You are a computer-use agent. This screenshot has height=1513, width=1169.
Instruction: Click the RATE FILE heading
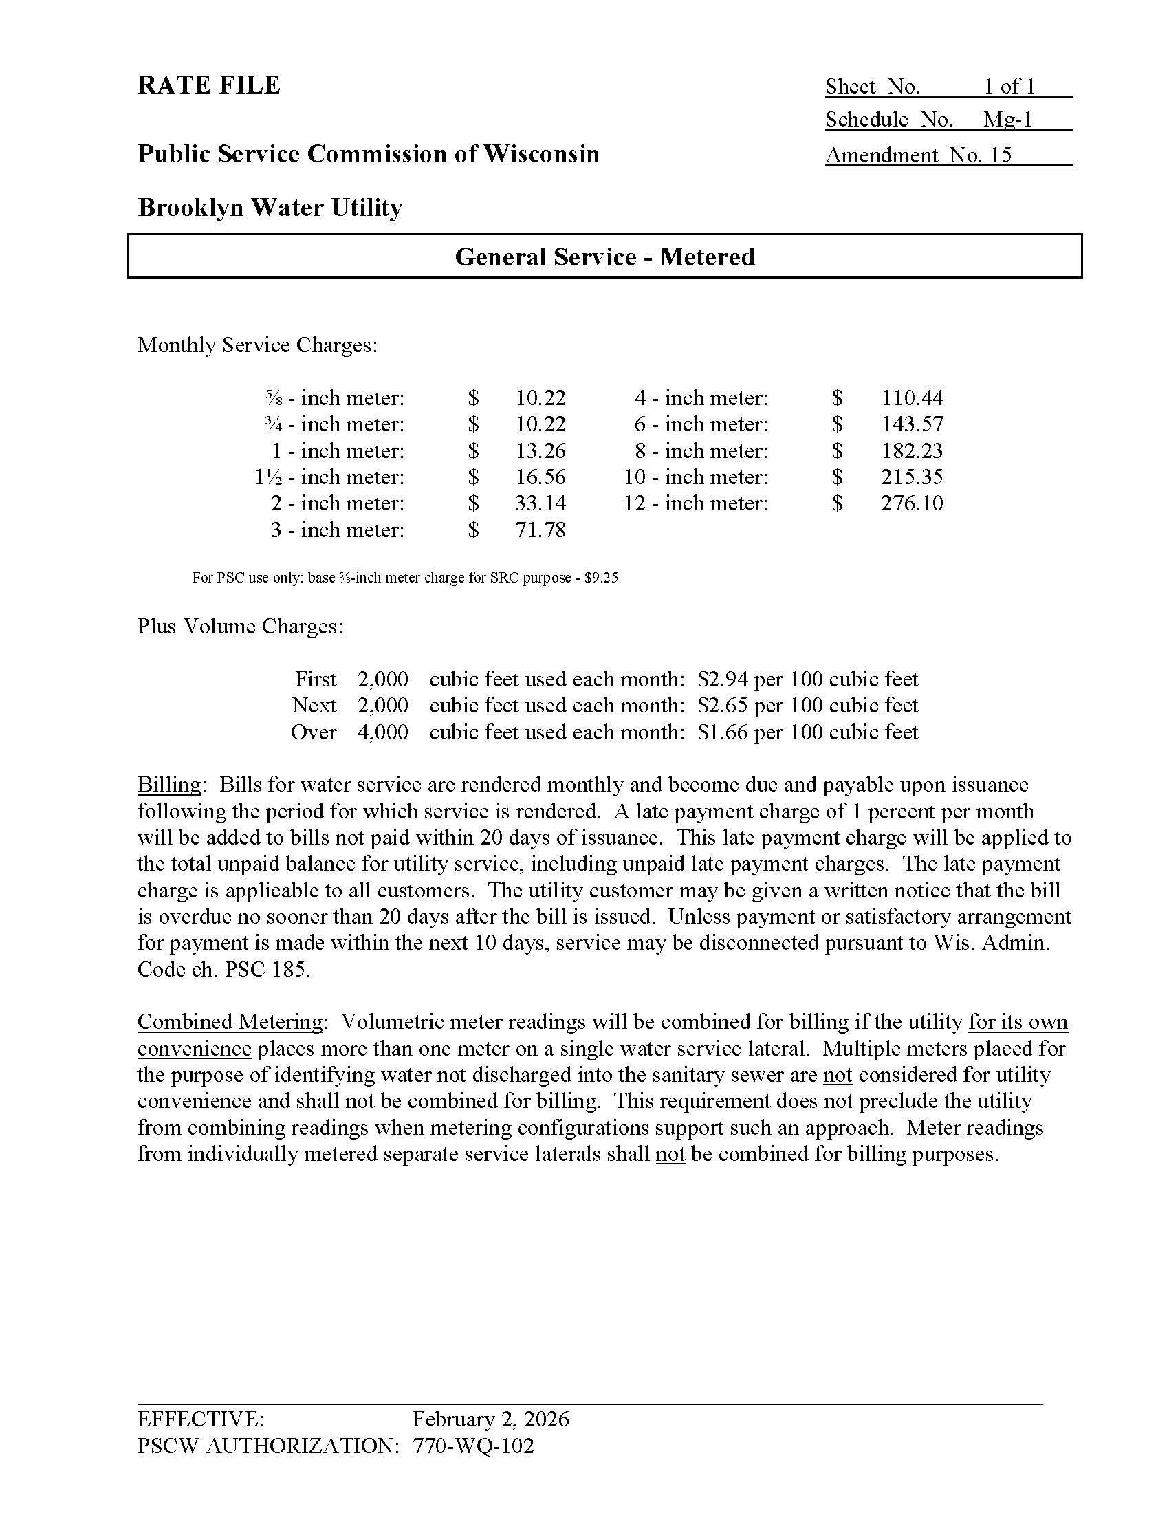208,85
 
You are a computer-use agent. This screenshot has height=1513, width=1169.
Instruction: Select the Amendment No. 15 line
918,155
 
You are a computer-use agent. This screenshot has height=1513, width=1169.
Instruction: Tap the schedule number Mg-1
1007,120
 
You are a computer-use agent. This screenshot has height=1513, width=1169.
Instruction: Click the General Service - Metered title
604,257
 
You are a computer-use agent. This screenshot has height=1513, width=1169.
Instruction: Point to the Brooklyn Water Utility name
270,207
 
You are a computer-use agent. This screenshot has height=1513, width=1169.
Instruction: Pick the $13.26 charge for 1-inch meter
540,451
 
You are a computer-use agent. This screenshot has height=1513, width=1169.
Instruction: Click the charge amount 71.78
540,530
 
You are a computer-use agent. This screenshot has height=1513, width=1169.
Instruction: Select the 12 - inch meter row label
695,503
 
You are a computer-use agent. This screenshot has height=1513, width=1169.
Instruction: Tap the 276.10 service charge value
911,503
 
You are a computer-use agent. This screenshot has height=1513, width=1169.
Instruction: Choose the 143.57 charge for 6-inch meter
911,424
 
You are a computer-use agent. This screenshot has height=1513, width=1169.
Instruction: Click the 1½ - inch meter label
329,477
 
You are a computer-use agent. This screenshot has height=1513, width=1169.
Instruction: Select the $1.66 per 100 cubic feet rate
807,732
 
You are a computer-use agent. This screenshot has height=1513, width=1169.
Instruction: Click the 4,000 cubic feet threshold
382,732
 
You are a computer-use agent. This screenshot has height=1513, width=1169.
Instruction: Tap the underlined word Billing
169,785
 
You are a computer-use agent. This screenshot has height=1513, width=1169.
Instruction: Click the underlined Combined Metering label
230,1022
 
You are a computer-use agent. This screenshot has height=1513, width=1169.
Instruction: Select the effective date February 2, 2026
490,1419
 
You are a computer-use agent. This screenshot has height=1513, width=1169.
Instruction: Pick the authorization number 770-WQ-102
474,1446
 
